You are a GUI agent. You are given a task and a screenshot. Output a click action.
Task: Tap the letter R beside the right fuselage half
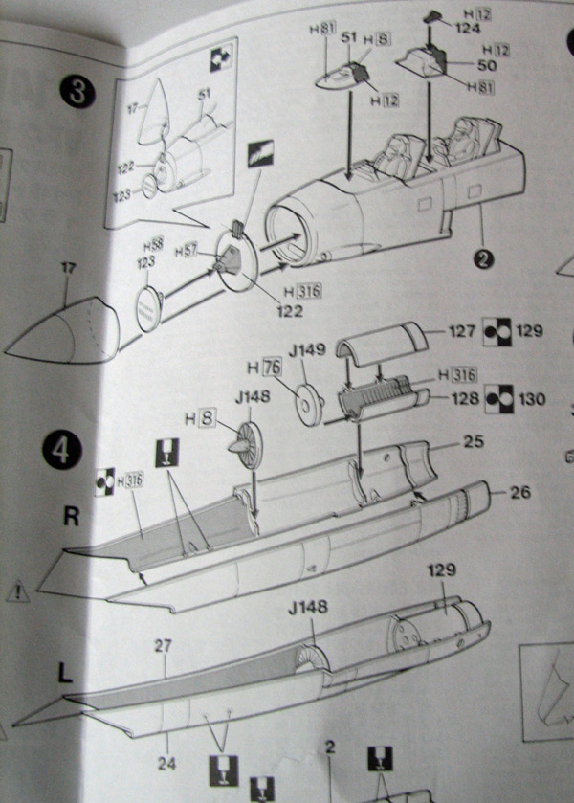[70, 517]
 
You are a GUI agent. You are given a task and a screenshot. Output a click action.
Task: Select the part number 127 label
[463, 332]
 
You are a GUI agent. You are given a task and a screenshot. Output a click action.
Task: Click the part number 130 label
[531, 398]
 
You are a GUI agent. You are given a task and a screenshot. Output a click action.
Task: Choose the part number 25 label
[472, 442]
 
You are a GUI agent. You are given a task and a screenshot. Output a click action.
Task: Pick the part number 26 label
[520, 493]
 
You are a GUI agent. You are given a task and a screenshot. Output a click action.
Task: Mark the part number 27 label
[163, 646]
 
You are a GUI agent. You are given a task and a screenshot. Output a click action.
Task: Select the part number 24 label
[168, 765]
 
